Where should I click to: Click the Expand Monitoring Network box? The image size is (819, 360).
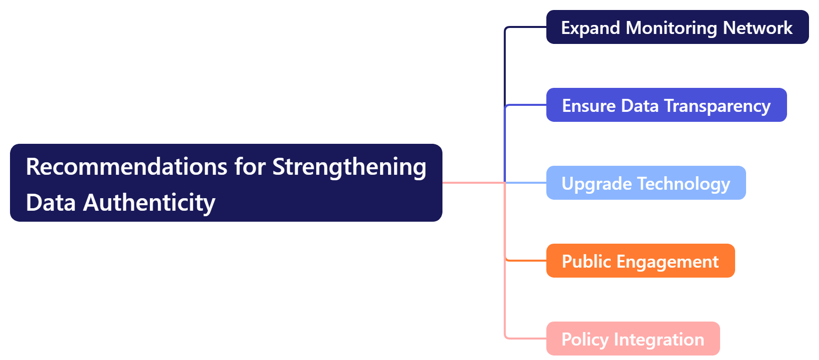tap(677, 27)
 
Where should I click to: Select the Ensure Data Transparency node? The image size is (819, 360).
tap(666, 105)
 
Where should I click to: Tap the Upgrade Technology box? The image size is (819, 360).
tap(646, 183)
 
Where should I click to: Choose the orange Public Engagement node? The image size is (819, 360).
tap(640, 261)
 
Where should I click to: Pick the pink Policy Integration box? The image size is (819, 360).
tap(633, 339)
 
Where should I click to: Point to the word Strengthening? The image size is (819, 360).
tap(349, 166)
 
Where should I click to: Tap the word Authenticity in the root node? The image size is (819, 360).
tap(149, 202)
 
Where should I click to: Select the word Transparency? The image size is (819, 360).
tap(717, 105)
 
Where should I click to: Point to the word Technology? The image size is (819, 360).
tap(684, 183)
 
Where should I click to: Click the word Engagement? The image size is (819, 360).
tap(668, 261)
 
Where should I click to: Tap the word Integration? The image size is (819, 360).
tap(659, 339)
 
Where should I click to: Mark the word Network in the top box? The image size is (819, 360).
tap(758, 27)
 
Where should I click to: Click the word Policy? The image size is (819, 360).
tap(585, 339)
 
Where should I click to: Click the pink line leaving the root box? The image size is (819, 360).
tap(472, 183)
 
